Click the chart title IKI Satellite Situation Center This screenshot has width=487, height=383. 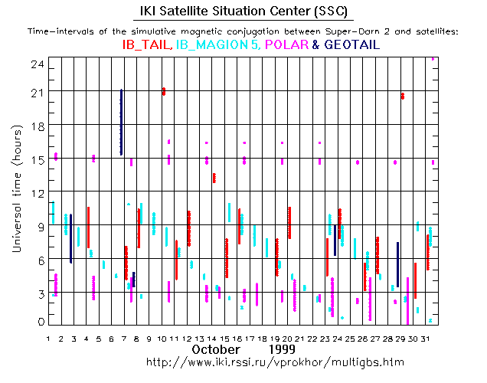[243, 11]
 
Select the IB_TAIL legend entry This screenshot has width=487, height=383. [147, 45]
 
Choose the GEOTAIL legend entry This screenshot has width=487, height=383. [351, 45]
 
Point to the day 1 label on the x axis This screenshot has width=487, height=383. [49, 338]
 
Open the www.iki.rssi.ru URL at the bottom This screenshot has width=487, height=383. [275, 360]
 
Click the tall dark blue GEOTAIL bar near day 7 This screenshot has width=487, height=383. [121, 123]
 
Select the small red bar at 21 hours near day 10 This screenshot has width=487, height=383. [163, 91]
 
